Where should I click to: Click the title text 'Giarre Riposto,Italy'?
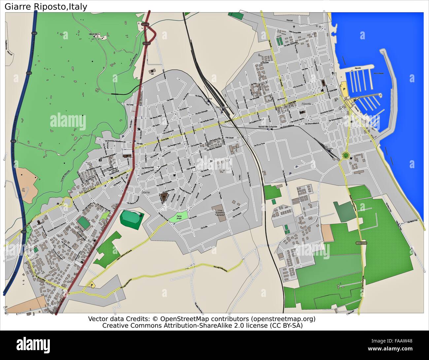(46, 7)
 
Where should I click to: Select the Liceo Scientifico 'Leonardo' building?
(218, 211)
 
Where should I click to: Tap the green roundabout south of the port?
(346, 155)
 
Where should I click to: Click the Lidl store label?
(152, 74)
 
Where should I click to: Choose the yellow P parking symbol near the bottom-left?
(91, 285)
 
